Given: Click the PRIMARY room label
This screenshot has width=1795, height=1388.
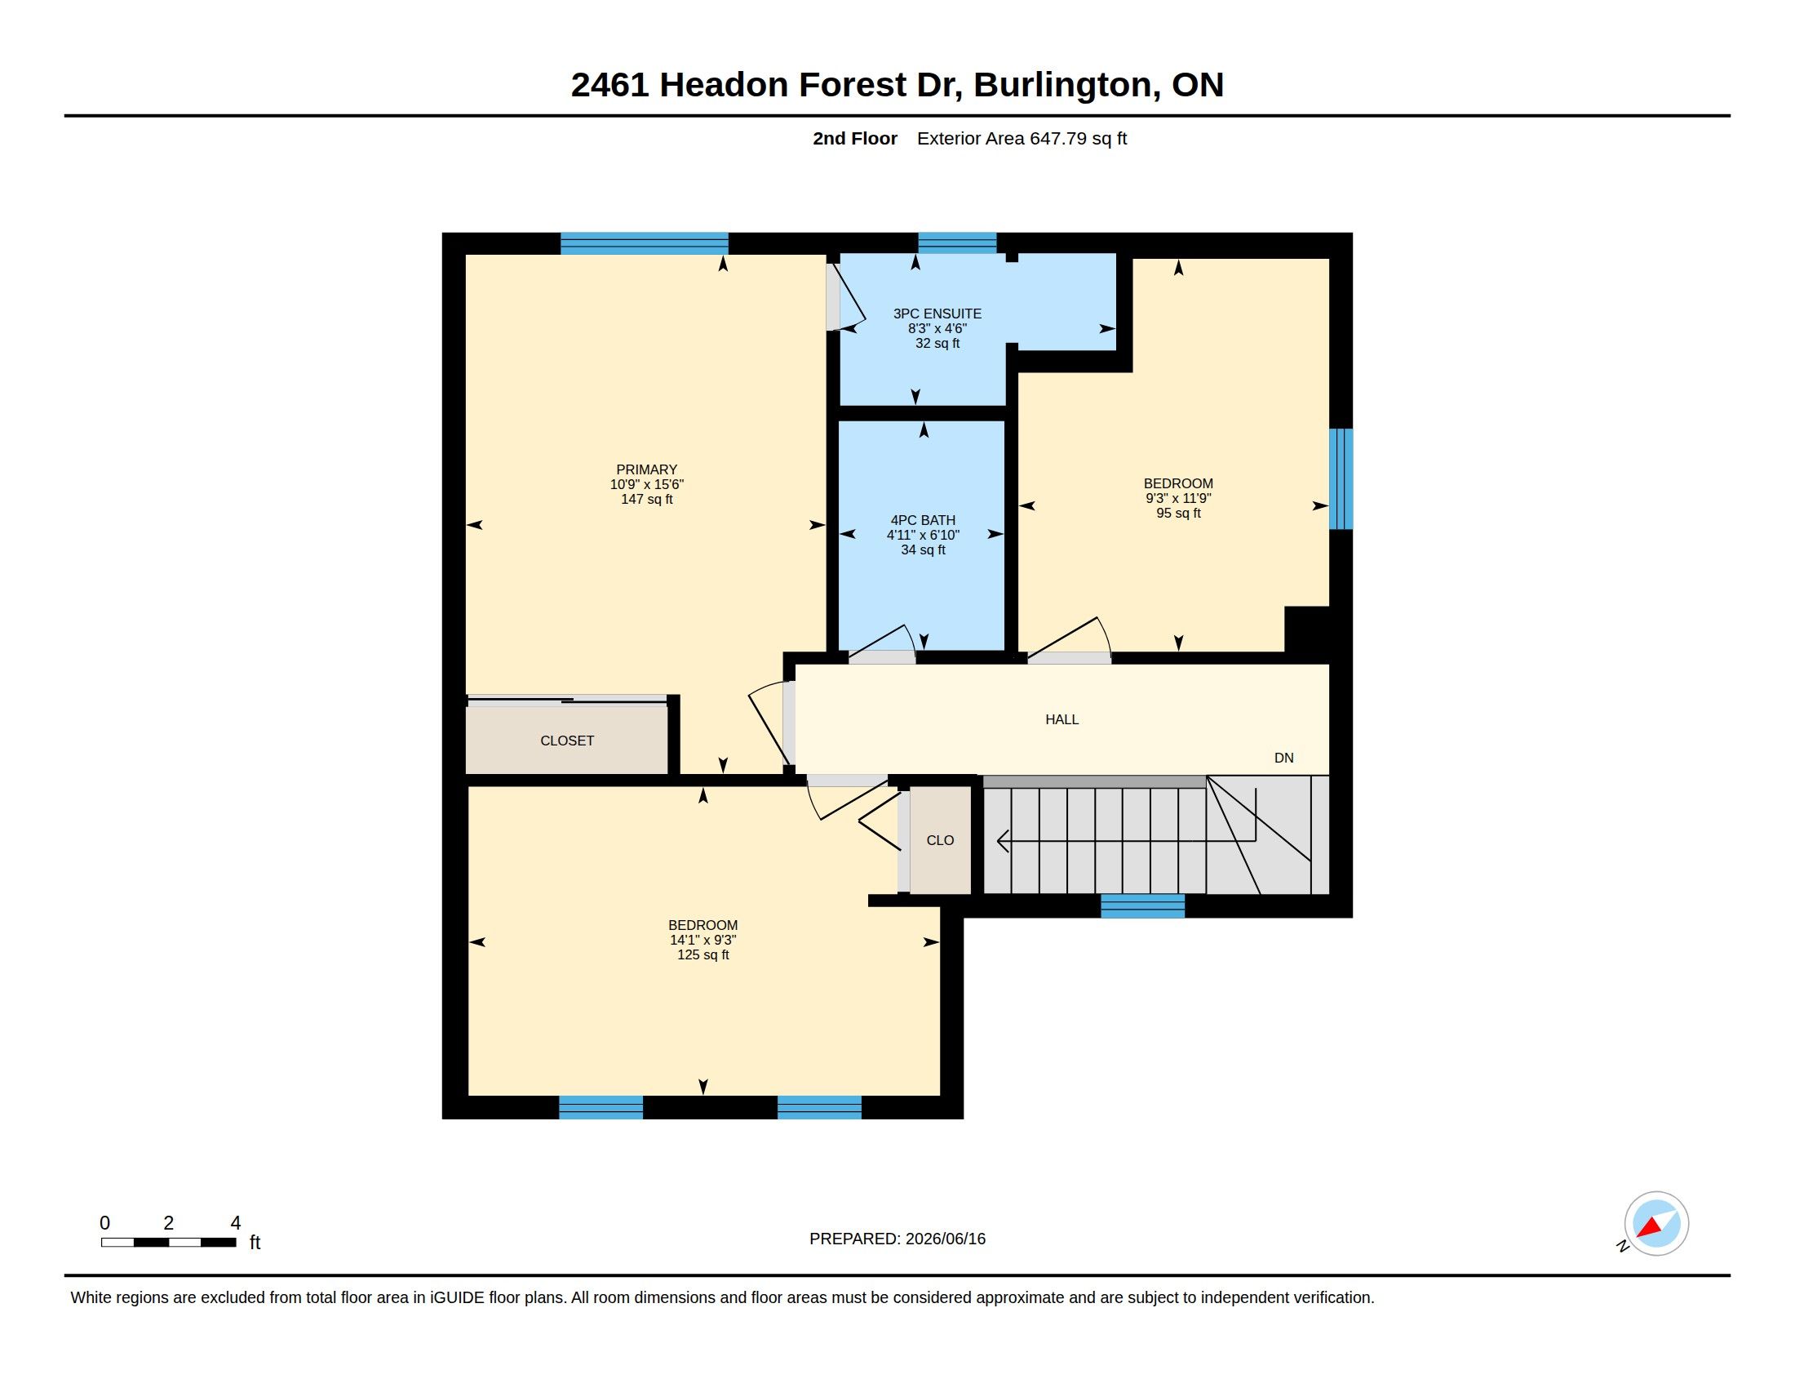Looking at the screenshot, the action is point(646,469).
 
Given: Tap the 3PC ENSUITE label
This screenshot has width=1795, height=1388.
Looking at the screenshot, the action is point(937,314).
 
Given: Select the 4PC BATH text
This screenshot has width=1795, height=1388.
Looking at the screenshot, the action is point(923,519).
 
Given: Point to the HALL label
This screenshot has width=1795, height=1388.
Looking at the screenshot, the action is point(1061,719).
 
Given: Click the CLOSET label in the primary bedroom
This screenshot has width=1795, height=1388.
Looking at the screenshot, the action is point(567,741).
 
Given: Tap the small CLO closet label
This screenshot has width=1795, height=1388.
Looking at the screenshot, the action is point(940,840).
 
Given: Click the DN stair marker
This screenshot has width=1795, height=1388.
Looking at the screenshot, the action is point(1283,759).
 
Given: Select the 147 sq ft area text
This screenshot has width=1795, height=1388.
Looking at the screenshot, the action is point(647,499).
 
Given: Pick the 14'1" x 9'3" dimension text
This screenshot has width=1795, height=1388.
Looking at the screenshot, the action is point(702,940).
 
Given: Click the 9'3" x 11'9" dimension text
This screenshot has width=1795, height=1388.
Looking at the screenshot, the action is point(1179,498).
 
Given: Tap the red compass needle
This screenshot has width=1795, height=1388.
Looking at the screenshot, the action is point(1650,1228).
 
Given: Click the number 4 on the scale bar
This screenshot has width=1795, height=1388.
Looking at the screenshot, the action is point(236,1223).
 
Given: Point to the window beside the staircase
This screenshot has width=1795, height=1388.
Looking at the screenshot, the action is point(1142,905).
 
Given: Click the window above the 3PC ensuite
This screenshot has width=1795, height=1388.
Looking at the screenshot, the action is point(957,242).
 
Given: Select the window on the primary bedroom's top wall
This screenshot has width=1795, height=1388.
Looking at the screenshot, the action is point(645,243).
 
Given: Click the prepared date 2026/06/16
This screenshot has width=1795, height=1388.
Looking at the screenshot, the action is point(945,1239).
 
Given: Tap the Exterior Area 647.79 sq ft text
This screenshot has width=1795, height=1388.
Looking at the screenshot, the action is point(1022,138).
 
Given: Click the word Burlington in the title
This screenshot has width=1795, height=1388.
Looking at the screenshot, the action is point(1067,85).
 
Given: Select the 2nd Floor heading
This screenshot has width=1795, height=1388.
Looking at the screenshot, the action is point(855,138).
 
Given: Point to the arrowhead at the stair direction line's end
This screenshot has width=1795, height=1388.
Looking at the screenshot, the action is point(1003,840).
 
